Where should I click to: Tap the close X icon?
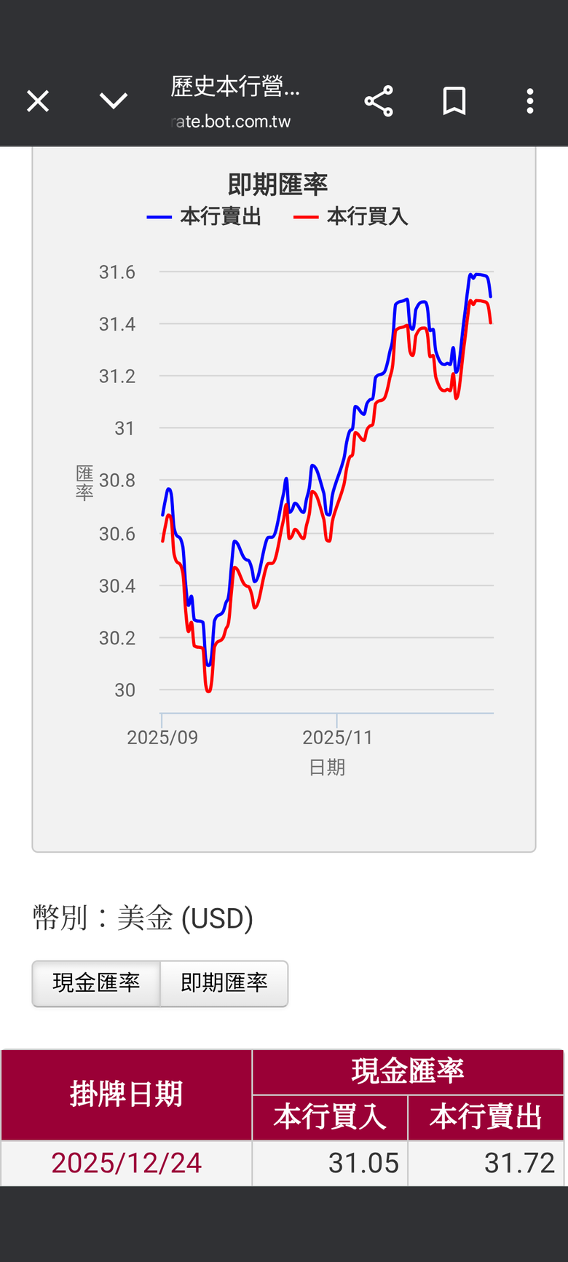pyautogui.click(x=38, y=100)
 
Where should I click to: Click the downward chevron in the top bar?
pyautogui.click(x=114, y=100)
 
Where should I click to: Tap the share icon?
pyautogui.click(x=379, y=100)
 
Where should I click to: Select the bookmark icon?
pyautogui.click(x=454, y=100)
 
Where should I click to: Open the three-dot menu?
pyautogui.click(x=530, y=100)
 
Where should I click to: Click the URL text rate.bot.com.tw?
pyautogui.click(x=231, y=122)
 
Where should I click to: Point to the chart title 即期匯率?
pyautogui.click(x=277, y=184)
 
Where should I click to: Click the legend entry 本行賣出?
pyautogui.click(x=205, y=216)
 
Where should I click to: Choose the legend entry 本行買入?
pyautogui.click(x=352, y=216)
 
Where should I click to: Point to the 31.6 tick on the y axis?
pyautogui.click(x=117, y=272)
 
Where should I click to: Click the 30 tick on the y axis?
pyautogui.click(x=125, y=690)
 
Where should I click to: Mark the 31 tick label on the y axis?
pyautogui.click(x=125, y=428)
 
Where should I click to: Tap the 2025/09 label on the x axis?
pyautogui.click(x=162, y=738)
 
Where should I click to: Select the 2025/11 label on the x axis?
pyautogui.click(x=337, y=738)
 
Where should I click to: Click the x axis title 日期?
pyautogui.click(x=327, y=768)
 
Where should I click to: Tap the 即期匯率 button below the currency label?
pyautogui.click(x=224, y=983)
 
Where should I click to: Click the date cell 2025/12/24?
pyautogui.click(x=127, y=1163)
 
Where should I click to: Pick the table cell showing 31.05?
pyautogui.click(x=363, y=1163)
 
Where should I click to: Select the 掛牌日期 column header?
pyautogui.click(x=127, y=1094)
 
